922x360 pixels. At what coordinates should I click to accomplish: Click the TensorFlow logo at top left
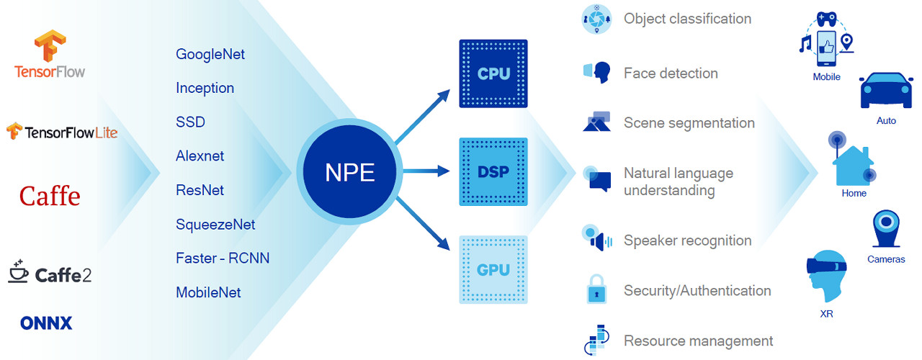[49, 54]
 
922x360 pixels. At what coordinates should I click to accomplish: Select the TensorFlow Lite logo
[61, 132]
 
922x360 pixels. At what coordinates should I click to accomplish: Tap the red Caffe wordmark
[50, 196]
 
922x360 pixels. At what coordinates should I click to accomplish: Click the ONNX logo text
[46, 323]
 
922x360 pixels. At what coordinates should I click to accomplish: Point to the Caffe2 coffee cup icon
[18, 271]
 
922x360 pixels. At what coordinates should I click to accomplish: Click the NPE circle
[350, 171]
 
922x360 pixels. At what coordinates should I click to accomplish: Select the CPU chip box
[493, 73]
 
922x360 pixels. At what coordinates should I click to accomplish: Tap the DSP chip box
[493, 171]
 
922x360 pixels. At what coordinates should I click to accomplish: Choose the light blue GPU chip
[493, 269]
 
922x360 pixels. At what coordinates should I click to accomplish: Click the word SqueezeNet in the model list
[215, 225]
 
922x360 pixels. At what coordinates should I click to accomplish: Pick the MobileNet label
[208, 292]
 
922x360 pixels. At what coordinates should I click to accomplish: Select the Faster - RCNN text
[223, 258]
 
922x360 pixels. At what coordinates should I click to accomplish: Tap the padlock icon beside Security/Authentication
[596, 290]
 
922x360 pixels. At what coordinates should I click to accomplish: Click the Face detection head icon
[598, 72]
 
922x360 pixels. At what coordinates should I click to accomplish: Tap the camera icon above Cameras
[885, 230]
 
